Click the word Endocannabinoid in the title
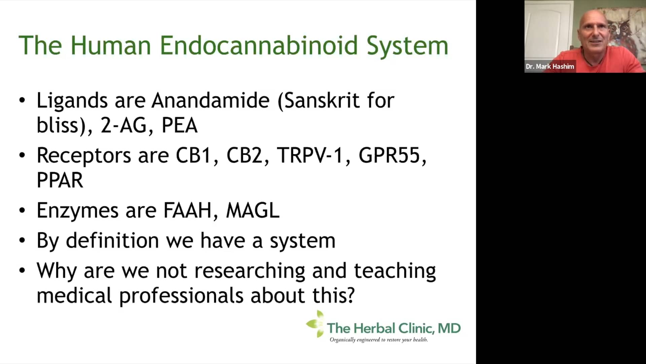258,45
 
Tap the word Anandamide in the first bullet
211,100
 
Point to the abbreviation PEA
179,125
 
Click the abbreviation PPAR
60,180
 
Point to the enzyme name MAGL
253,211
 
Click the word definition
112,241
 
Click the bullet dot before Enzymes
22,210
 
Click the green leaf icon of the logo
315,324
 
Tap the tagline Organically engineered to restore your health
379,340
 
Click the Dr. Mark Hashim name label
550,66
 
